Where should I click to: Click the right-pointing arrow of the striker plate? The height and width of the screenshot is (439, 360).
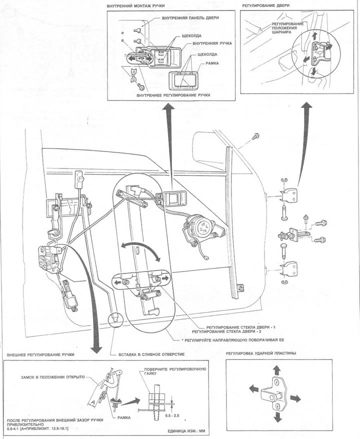(x=296, y=397)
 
